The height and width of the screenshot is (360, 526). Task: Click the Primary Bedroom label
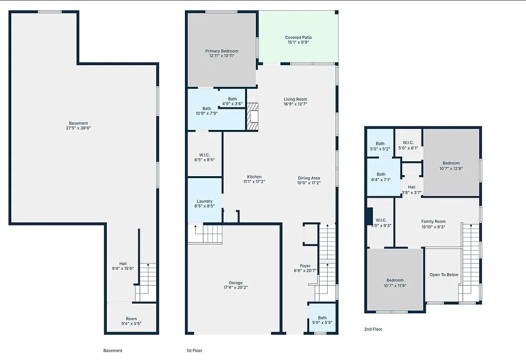tap(222, 51)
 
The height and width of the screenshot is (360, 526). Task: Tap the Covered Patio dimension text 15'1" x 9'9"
tap(298, 42)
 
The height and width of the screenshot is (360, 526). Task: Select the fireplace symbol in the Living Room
tap(253, 117)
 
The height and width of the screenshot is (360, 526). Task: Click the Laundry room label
tap(204, 201)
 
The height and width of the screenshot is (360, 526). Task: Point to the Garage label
tap(235, 283)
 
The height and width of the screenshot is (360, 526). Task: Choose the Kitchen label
tap(254, 177)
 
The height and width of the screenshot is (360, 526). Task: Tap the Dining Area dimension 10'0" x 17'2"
tap(309, 183)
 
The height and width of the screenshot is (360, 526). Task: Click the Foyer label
tap(305, 266)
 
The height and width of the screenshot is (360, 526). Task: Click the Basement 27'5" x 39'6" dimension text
tap(79, 128)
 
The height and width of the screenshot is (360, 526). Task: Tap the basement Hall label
tap(123, 264)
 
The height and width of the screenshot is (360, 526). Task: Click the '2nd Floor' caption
tap(373, 329)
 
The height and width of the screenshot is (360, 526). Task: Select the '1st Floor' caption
tap(194, 351)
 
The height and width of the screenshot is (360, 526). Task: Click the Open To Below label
tap(444, 275)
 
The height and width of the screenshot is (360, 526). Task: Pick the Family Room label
tap(434, 221)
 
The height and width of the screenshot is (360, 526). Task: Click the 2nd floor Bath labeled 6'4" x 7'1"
tap(381, 177)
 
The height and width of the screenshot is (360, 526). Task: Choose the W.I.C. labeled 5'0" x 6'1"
tap(408, 145)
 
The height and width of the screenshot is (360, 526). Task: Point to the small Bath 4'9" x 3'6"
tap(233, 101)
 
